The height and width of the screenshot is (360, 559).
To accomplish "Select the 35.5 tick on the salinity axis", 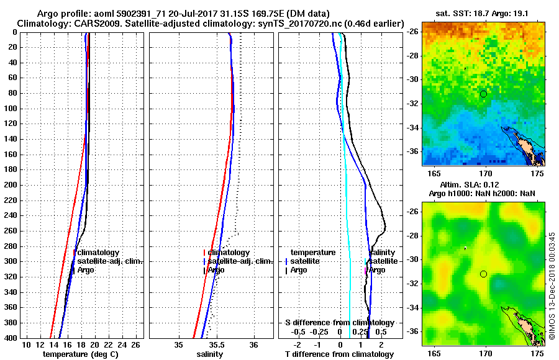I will [216, 344].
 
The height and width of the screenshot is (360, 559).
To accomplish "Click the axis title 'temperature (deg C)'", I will [80, 354].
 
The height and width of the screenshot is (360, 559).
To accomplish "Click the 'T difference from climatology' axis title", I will [340, 354].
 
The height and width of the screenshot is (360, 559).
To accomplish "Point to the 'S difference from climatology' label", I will [340, 323].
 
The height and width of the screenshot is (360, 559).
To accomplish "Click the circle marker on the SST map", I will [483, 94].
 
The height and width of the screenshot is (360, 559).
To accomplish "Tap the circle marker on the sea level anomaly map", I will [483, 274].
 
